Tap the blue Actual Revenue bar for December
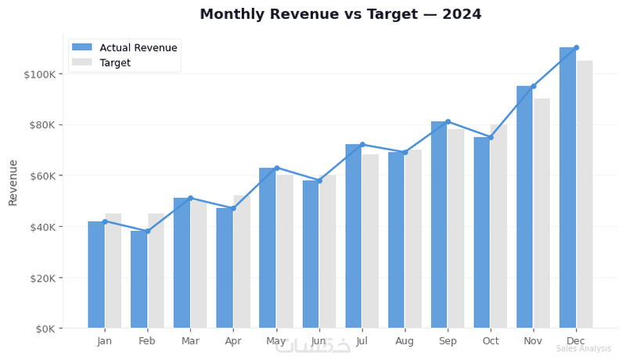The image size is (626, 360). pyautogui.click(x=567, y=188)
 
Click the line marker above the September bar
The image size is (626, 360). pyautogui.click(x=448, y=121)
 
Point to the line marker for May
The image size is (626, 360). pyautogui.click(x=276, y=167)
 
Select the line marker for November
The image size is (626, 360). pyautogui.click(x=533, y=86)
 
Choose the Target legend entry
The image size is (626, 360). pyautogui.click(x=115, y=63)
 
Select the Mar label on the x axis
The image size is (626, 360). pyautogui.click(x=190, y=341)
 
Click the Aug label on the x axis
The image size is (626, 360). pyautogui.click(x=405, y=341)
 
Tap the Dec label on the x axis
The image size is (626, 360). pyautogui.click(x=576, y=341)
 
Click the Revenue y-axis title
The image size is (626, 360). pyautogui.click(x=13, y=182)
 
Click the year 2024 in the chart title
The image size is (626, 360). pyautogui.click(x=459, y=14)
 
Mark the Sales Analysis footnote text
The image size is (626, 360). pyautogui.click(x=583, y=349)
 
